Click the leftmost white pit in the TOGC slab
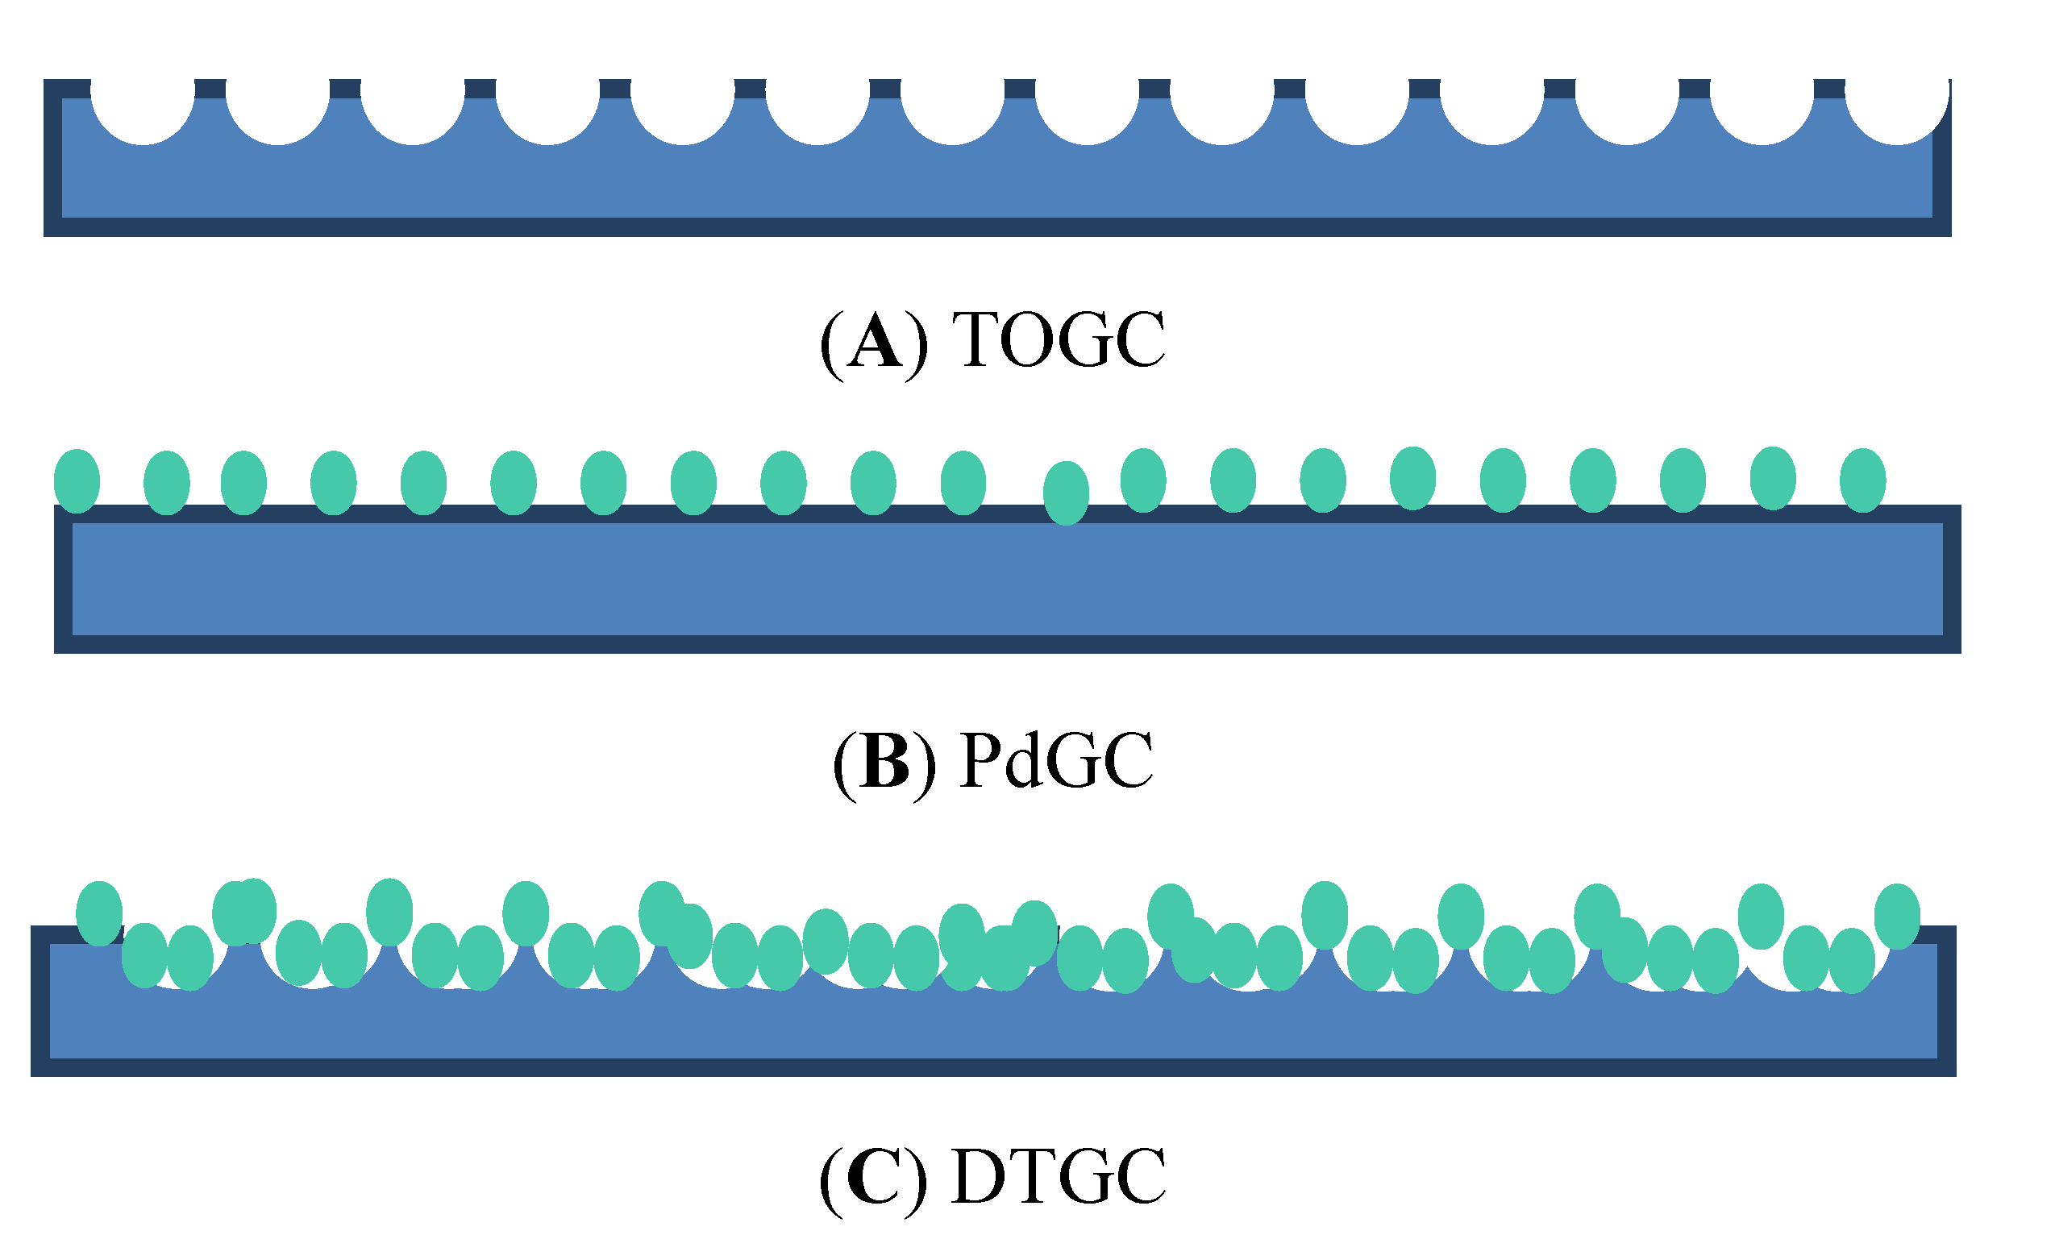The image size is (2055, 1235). (x=143, y=108)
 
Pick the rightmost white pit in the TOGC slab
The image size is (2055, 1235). (x=1897, y=108)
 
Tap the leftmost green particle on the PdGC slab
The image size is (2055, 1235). (x=77, y=481)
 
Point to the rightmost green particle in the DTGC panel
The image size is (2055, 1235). (x=1897, y=916)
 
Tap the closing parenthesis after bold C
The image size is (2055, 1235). (x=916, y=1180)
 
